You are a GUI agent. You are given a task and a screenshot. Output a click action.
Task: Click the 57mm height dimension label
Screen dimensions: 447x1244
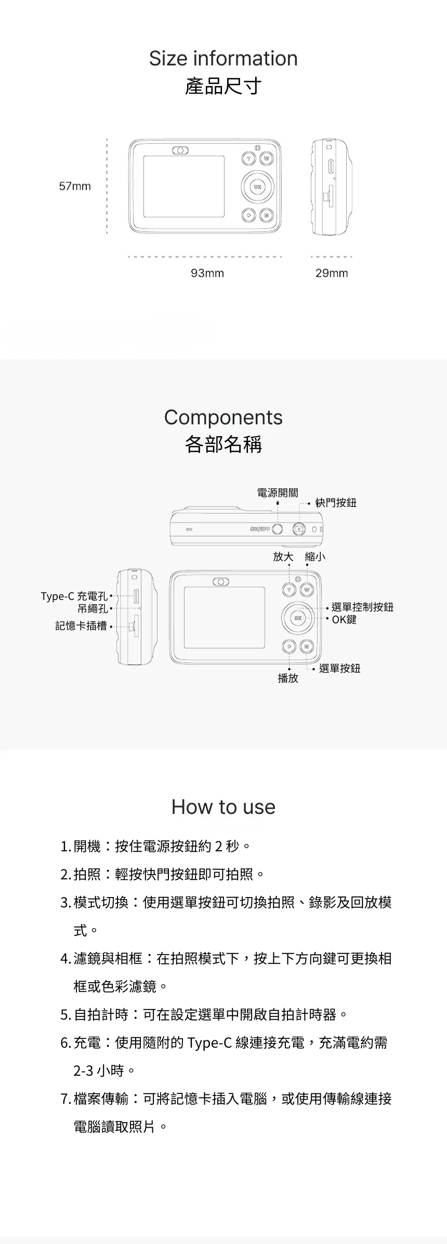tap(75, 186)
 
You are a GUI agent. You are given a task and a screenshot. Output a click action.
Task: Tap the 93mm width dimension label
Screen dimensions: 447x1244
tap(207, 273)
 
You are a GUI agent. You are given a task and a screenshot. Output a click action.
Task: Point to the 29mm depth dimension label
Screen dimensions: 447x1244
tap(332, 273)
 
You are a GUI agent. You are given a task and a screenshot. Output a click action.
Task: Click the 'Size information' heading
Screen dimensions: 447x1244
tap(223, 58)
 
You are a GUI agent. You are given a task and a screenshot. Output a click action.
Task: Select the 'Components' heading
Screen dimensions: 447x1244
tap(223, 417)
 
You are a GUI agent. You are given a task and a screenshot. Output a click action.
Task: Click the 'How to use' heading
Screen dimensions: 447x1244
tap(223, 807)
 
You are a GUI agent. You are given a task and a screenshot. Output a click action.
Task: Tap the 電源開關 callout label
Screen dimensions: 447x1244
tap(278, 492)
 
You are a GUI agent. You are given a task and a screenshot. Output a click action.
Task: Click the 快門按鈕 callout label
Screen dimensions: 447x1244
tap(336, 502)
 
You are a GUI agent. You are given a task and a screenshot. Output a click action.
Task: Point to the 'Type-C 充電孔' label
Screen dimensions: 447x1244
tap(74, 596)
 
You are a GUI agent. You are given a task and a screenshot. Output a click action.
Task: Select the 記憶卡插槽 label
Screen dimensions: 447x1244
tap(81, 626)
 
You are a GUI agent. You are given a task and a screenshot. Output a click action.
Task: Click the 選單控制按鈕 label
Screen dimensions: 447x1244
tap(362, 607)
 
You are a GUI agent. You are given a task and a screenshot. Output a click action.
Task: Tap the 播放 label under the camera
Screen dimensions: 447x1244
tap(288, 678)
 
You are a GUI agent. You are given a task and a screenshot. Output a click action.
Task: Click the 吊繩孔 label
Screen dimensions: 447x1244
tap(93, 608)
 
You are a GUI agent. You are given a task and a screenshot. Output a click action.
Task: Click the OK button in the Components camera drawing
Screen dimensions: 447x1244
tap(298, 618)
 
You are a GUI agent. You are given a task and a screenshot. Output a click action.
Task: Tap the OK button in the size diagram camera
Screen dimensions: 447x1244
tap(257, 186)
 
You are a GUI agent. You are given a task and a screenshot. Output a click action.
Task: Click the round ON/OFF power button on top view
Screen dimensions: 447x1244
tap(278, 529)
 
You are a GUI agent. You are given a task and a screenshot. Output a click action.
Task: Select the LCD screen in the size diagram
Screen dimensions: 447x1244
tap(184, 186)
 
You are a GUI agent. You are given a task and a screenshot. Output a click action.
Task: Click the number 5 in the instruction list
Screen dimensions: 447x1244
tap(64, 1014)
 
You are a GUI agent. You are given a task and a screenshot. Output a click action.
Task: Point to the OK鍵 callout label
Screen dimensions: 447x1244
tap(344, 619)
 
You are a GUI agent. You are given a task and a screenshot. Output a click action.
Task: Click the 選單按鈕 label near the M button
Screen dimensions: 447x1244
tap(339, 668)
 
